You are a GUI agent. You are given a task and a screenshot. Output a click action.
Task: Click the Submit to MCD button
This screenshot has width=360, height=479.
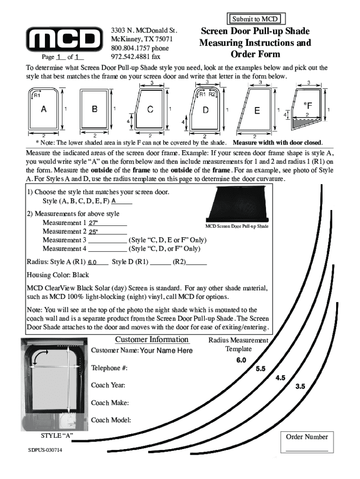tap(255, 19)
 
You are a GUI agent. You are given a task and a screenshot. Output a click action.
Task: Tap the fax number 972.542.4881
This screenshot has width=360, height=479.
tap(136, 57)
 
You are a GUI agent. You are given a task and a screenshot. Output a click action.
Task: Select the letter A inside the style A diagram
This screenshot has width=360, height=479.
tap(43, 109)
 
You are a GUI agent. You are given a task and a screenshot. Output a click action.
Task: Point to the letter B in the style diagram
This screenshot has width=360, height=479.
tap(94, 109)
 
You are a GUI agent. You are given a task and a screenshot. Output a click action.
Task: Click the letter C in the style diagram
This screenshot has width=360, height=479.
tap(151, 109)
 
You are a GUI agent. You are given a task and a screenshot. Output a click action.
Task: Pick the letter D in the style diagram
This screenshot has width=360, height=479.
tap(206, 110)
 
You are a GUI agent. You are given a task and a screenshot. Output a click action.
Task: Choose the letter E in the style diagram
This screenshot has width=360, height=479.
tap(257, 110)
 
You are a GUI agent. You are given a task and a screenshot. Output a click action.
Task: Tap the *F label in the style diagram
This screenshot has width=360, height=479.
tap(307, 104)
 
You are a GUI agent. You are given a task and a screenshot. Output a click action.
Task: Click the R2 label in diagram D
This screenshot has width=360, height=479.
tap(212, 94)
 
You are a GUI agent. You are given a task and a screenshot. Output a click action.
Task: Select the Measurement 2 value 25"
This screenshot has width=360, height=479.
tap(94, 232)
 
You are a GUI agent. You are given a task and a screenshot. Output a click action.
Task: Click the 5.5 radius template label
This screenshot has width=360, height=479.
tap(260, 369)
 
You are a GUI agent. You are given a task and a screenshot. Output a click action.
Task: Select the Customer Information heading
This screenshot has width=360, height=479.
tap(152, 340)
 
